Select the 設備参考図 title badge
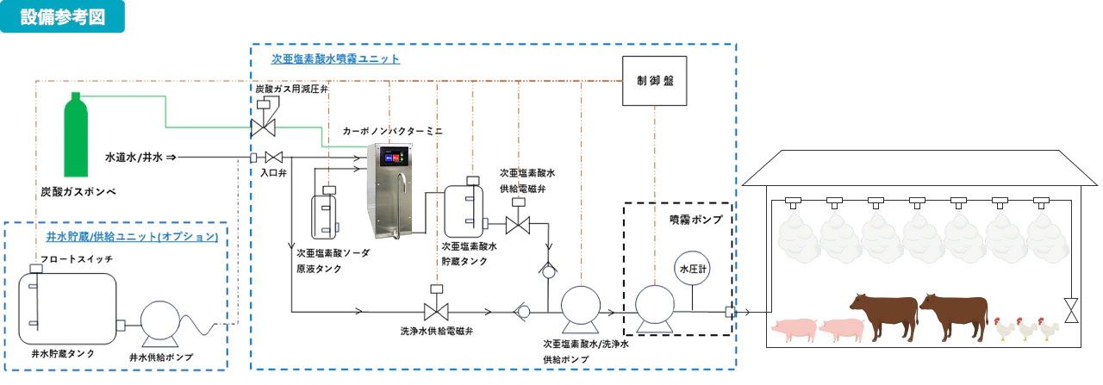(63, 16)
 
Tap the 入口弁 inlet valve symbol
(275, 158)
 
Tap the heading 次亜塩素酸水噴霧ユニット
(335, 59)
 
